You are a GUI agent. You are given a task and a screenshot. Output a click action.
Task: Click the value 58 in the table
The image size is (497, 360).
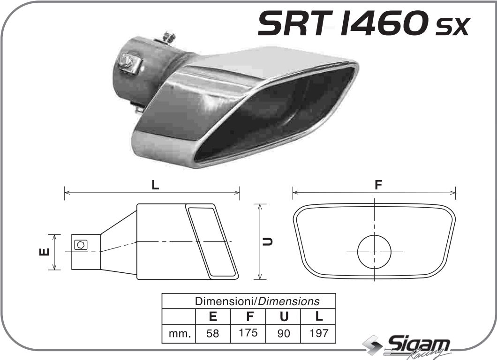(213, 333)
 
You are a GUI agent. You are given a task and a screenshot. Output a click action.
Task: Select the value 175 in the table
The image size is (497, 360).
(248, 333)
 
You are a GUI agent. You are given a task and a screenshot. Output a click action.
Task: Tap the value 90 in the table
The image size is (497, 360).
(284, 333)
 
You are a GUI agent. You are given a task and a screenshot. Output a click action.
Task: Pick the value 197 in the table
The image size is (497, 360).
(319, 333)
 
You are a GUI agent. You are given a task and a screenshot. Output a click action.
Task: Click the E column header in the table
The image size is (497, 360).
(213, 316)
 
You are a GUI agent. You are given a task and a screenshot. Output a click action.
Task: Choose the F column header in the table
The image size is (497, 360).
(248, 316)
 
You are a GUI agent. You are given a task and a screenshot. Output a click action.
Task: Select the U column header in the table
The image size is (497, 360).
(284, 316)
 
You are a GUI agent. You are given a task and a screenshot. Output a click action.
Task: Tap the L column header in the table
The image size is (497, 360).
(319, 316)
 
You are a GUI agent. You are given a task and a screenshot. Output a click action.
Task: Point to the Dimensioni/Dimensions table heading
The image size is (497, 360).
(257, 301)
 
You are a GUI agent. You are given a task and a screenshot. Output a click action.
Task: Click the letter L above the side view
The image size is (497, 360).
(155, 185)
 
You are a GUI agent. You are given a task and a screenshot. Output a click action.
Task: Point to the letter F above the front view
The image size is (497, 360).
(378, 185)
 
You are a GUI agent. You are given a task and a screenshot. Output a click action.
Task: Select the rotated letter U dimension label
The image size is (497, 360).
(268, 242)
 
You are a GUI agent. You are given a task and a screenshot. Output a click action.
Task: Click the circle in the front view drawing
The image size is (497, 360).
(374, 252)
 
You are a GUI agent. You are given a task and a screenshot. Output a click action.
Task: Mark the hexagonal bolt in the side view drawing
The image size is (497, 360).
(80, 244)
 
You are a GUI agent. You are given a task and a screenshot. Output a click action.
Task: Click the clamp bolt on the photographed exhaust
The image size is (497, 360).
(127, 63)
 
